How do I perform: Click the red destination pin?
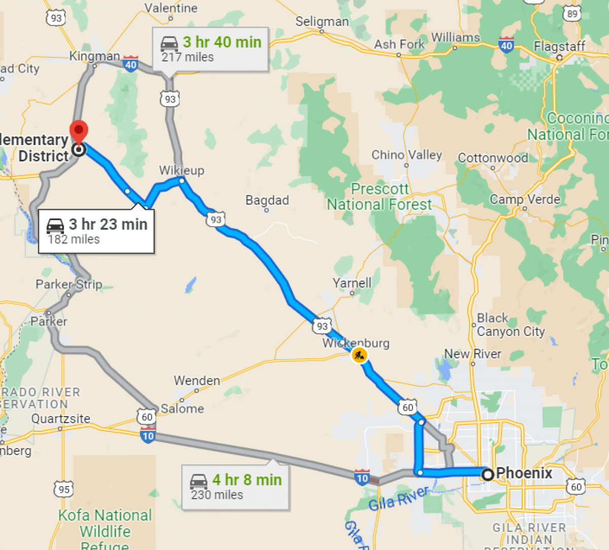pyautogui.click(x=79, y=131)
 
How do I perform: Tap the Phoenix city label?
pyautogui.click(x=524, y=473)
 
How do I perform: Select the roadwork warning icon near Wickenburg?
pyautogui.click(x=359, y=355)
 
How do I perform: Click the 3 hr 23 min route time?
pyautogui.click(x=108, y=224)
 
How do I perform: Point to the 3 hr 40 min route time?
pyautogui.click(x=222, y=42)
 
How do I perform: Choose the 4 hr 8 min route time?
pyautogui.click(x=247, y=479)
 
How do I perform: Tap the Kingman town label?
pyautogui.click(x=94, y=56)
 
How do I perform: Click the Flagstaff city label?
pyautogui.click(x=559, y=47)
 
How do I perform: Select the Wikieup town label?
pyautogui.click(x=182, y=170)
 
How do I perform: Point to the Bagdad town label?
pyautogui.click(x=267, y=200)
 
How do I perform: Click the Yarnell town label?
pyautogui.click(x=352, y=283)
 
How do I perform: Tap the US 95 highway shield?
pyautogui.click(x=64, y=489)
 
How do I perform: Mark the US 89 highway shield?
pyautogui.click(x=572, y=14)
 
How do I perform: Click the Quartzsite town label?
pyautogui.click(x=61, y=419)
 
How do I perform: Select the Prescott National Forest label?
pyautogui.click(x=380, y=197)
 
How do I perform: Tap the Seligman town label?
pyautogui.click(x=322, y=22)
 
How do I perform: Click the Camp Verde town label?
pyautogui.click(x=525, y=199)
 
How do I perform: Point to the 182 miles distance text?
pyautogui.click(x=74, y=239)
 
